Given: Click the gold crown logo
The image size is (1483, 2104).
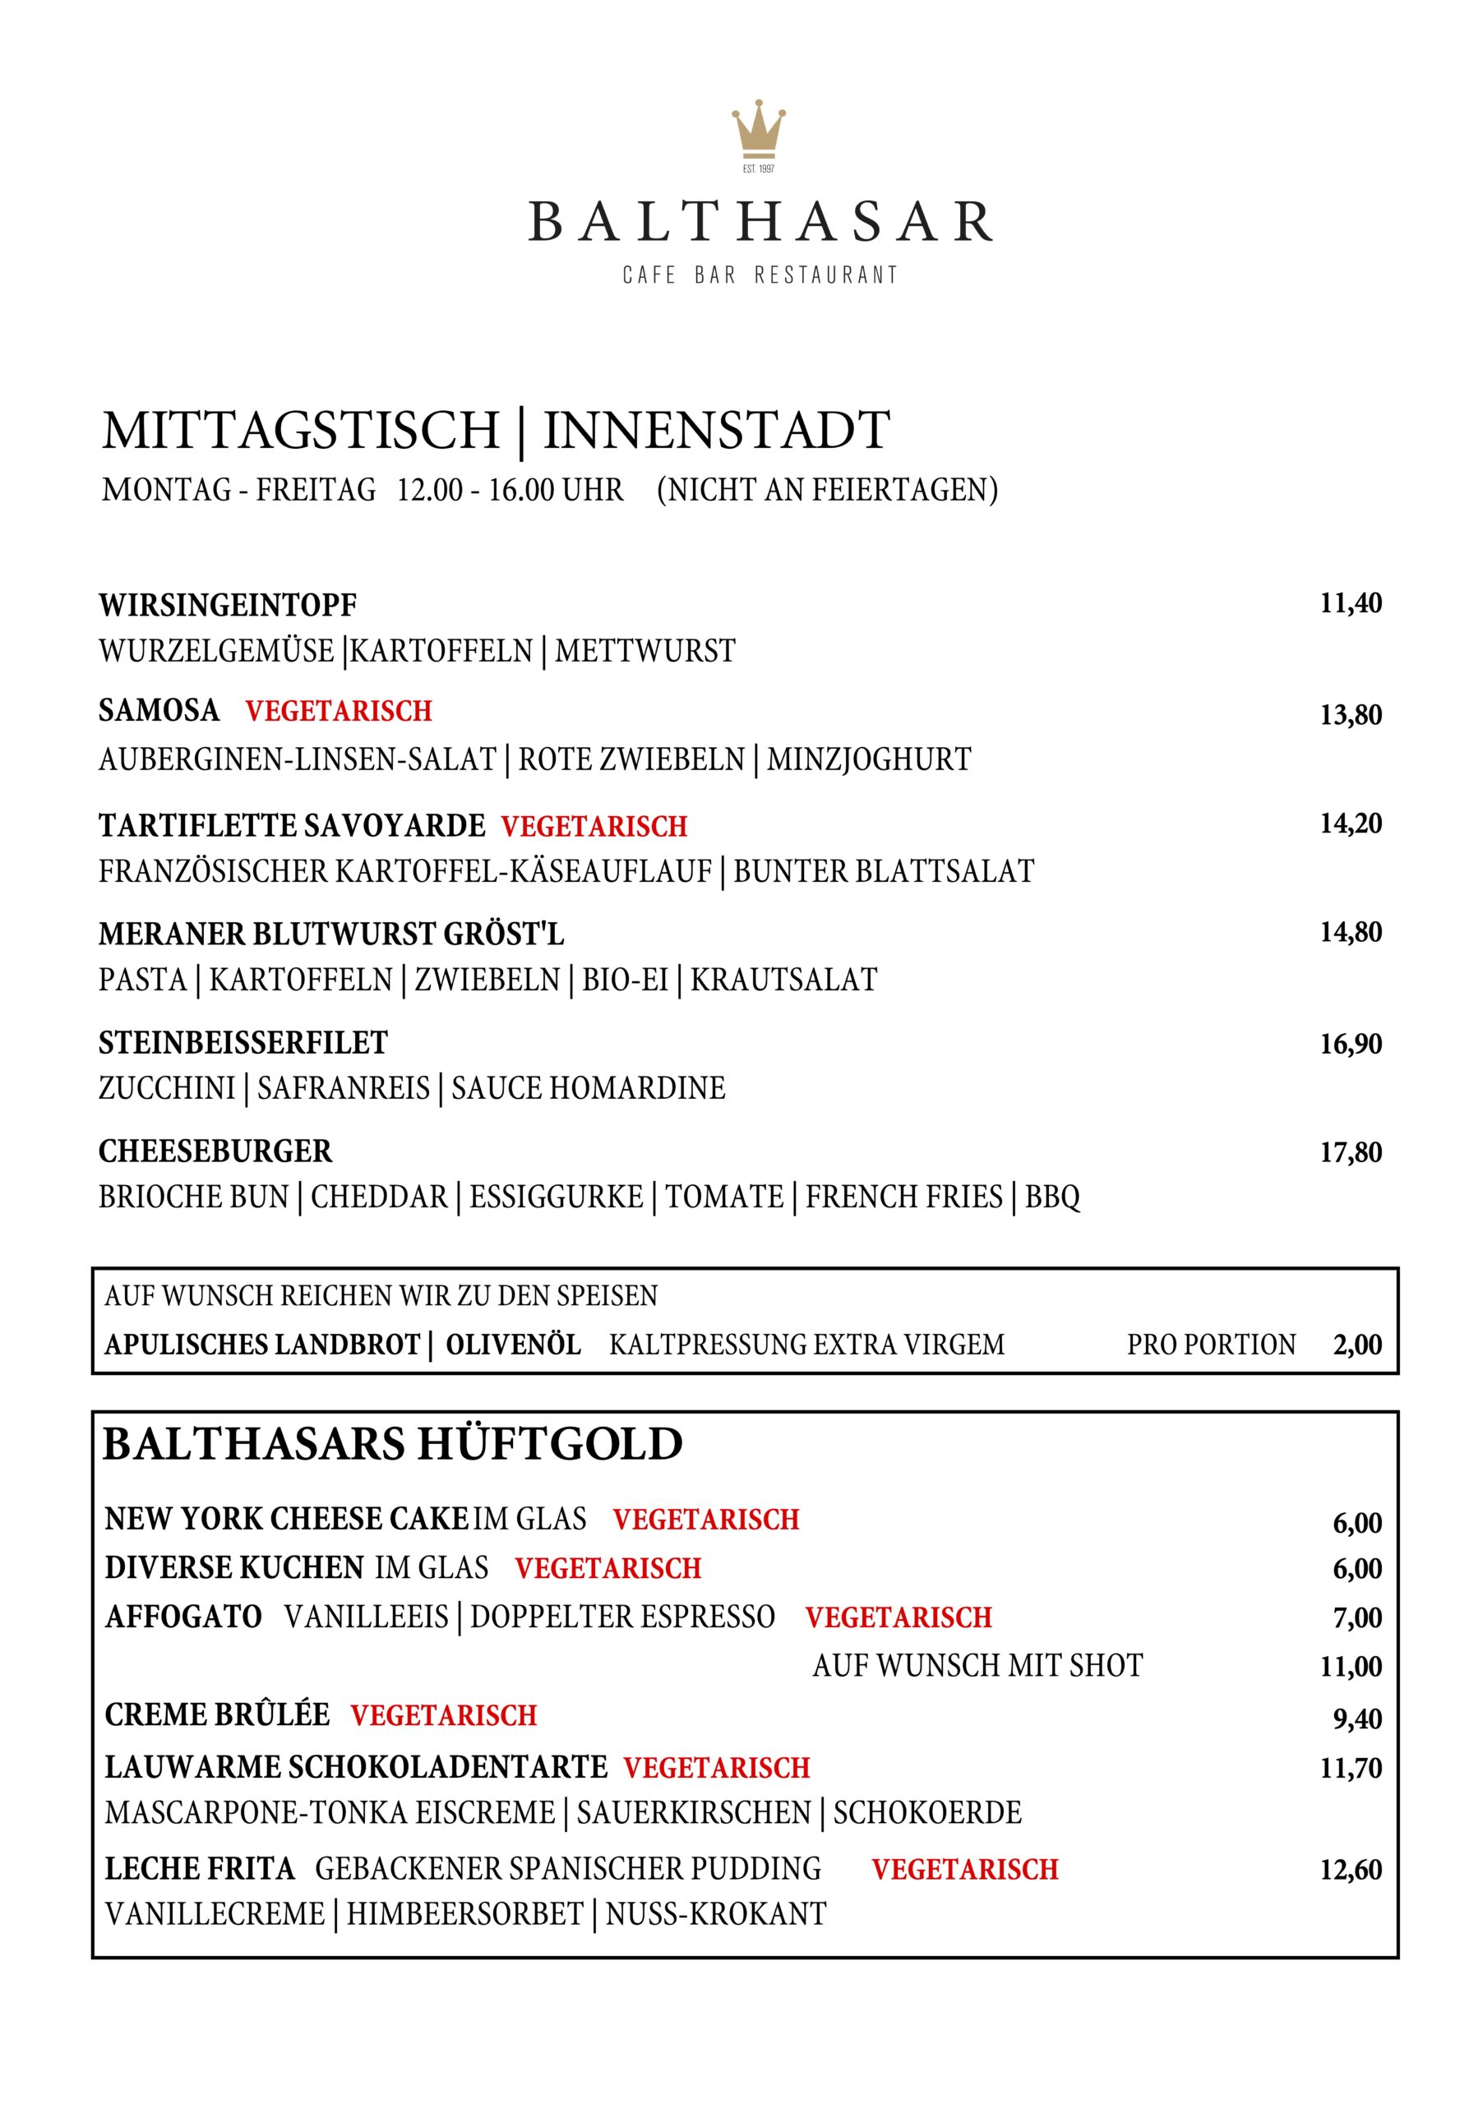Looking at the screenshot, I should [x=758, y=128].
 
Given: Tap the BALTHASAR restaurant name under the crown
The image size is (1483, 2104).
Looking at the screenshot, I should [x=760, y=223].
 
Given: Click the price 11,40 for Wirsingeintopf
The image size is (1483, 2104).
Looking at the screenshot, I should [x=1350, y=604].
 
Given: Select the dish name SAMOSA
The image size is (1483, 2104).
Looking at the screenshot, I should [x=159, y=710].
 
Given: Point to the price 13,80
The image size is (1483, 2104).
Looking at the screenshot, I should [x=1350, y=715].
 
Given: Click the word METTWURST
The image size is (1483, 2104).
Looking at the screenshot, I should [x=644, y=652].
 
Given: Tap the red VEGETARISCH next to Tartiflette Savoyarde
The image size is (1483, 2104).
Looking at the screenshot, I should [x=594, y=827].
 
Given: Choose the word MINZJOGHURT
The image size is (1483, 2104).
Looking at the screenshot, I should [x=868, y=759].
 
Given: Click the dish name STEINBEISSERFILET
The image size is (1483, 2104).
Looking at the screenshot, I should [x=243, y=1043].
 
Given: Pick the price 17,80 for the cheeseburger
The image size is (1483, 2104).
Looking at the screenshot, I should [x=1350, y=1153].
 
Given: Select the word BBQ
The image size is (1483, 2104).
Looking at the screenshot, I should [x=1052, y=1197].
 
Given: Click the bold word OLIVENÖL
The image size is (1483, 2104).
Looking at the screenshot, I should [x=513, y=1345].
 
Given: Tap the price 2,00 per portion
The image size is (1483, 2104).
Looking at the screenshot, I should [x=1357, y=1345].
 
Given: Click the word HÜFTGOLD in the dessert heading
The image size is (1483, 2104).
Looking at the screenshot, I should [x=550, y=1445].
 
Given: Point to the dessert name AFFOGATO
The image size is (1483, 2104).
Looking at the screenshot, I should [x=183, y=1617].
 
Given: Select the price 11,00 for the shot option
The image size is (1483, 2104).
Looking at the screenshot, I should [x=1350, y=1667].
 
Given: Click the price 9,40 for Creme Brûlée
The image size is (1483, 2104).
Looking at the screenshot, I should [x=1357, y=1719].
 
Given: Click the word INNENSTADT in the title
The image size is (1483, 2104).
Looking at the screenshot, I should [x=716, y=431].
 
